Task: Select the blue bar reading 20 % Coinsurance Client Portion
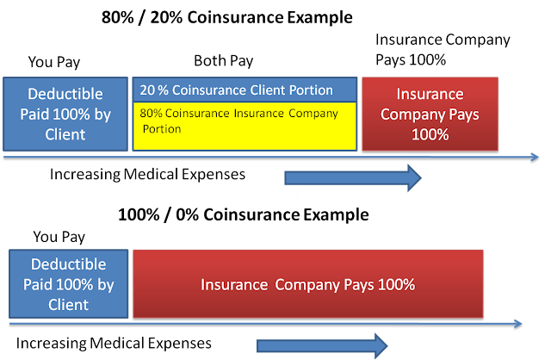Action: point(245,90)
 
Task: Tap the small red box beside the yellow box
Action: point(430,113)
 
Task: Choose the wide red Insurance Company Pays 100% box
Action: point(307,284)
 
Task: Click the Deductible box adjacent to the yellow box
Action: point(65,113)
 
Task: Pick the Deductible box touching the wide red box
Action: point(67,284)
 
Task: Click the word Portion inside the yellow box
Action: point(160,129)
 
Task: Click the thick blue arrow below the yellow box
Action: point(380,177)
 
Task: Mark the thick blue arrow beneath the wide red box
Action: point(319,346)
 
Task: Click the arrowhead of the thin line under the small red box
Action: point(535,158)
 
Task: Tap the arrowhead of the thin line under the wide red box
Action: point(517,324)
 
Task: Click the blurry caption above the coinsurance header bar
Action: point(220,16)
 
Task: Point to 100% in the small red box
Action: point(430,134)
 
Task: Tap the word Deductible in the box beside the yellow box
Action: point(66,93)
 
